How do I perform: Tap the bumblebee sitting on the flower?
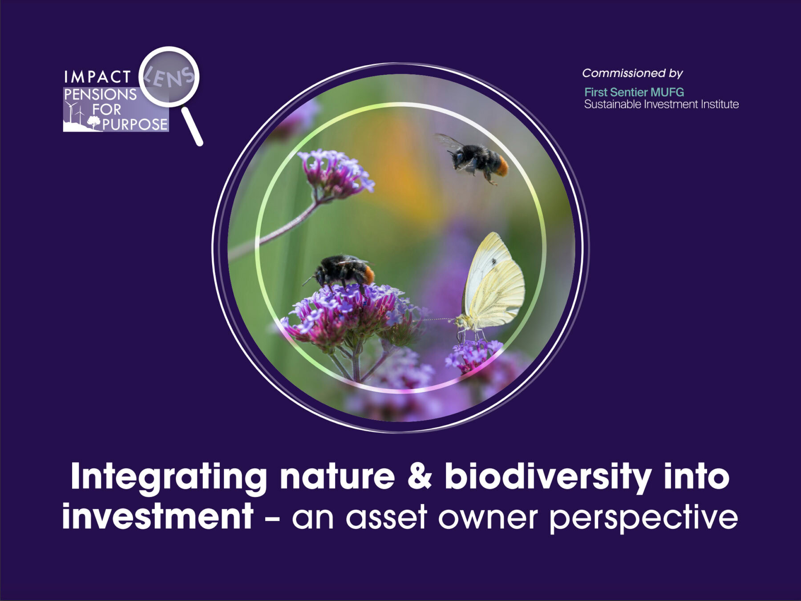pyautogui.click(x=343, y=270)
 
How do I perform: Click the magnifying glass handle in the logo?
pyautogui.click(x=192, y=126)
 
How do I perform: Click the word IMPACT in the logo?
pyautogui.click(x=97, y=77)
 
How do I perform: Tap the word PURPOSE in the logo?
pyautogui.click(x=135, y=125)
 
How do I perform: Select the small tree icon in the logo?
pyautogui.click(x=93, y=121)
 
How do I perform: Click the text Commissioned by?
pyautogui.click(x=632, y=73)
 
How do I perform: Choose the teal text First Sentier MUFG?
pyautogui.click(x=634, y=92)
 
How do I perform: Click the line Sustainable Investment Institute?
pyautogui.click(x=661, y=105)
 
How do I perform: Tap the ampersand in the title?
pyautogui.click(x=419, y=476)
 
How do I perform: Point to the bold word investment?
pyautogui.click(x=158, y=516)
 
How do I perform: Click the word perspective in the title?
pyautogui.click(x=643, y=519)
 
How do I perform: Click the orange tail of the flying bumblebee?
pyautogui.click(x=503, y=166)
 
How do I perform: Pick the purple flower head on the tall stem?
pyautogui.click(x=335, y=173)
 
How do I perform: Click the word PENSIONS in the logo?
pyautogui.click(x=101, y=94)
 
